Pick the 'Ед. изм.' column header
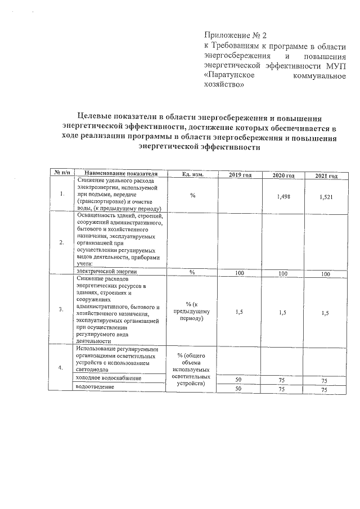tap(192, 174)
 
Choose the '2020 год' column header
tap(283, 176)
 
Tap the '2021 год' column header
tap(326, 177)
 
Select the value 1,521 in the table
tap(326, 197)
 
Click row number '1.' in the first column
tap(61, 194)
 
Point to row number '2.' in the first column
tap(61, 242)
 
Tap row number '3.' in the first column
tap(61, 310)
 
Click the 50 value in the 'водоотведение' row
tap(238, 389)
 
